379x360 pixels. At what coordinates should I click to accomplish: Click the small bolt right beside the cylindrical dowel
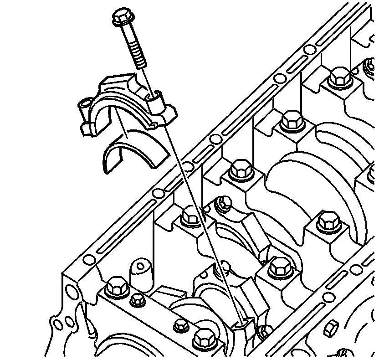click(x=137, y=299)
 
